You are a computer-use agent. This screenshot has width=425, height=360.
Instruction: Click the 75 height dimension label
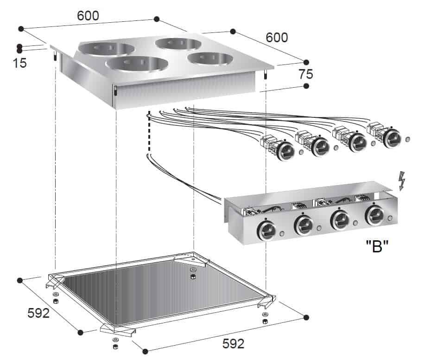(306, 74)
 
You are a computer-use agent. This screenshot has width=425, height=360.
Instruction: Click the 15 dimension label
(20, 63)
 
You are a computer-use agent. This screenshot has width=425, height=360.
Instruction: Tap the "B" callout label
(377, 246)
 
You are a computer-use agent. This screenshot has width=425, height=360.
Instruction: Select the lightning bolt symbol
(402, 180)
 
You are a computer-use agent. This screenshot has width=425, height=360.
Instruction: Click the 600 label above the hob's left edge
(88, 15)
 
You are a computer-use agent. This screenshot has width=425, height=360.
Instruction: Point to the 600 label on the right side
(277, 37)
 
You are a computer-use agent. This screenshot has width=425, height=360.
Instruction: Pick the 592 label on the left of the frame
(38, 313)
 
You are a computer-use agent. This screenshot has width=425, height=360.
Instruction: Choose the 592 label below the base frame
(234, 344)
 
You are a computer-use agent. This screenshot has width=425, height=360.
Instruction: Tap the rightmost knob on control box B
(374, 215)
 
